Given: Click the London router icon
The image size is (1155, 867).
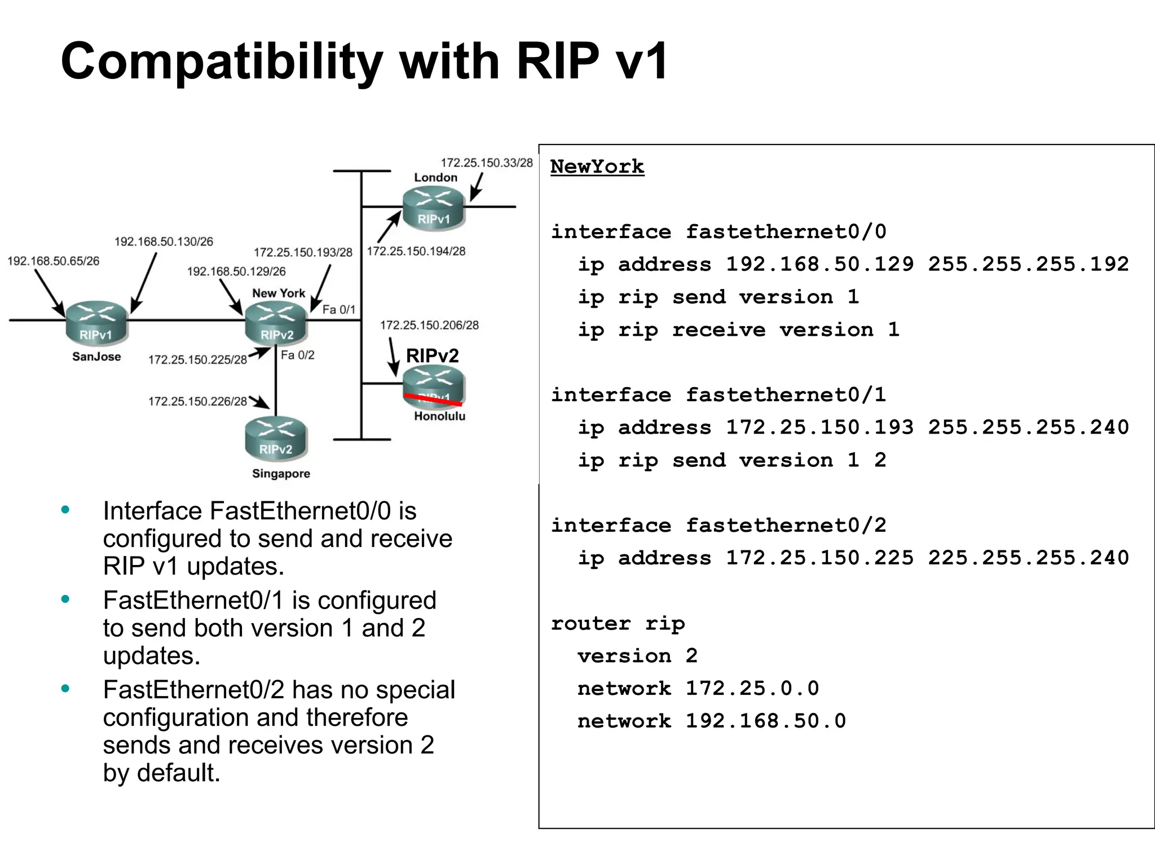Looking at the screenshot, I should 433,207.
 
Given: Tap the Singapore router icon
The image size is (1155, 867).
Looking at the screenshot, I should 276,438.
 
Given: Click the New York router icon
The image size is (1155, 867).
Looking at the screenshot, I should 276,322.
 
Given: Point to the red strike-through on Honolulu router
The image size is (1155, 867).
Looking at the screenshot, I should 433,400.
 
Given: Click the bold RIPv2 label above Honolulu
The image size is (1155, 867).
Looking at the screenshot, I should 432,356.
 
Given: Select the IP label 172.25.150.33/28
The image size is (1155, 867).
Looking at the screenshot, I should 486,163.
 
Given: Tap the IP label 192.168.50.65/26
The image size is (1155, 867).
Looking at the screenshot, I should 53,261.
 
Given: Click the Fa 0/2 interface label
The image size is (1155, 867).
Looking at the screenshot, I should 297,355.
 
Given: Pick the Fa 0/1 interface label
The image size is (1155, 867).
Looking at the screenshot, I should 338,309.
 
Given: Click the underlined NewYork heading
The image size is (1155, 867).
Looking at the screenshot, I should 597,167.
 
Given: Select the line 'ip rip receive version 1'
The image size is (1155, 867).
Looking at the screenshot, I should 738,330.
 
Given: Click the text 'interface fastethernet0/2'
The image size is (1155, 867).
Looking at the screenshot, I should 718,526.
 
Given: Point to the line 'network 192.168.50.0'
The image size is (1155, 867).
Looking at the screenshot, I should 711,721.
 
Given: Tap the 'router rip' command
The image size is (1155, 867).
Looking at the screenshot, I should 618,624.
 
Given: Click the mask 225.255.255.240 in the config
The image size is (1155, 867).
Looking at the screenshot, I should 1028,558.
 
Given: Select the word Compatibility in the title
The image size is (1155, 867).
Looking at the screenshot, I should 222,62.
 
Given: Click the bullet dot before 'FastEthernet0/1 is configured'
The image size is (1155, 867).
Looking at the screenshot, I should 65,599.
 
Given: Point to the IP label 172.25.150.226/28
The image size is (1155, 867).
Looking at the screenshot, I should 197,401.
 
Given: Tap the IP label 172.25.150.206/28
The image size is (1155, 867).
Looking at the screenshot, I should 429,325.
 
